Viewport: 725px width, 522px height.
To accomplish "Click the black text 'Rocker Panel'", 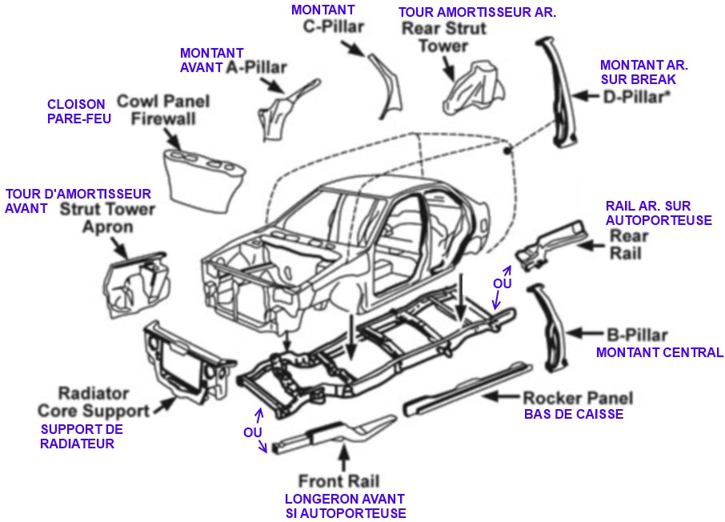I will point(577,398).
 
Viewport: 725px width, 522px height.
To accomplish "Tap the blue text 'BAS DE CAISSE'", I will point(573,415).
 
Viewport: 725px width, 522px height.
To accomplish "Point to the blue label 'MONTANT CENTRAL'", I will point(659,352).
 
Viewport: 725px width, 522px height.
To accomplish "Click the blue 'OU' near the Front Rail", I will point(253,432).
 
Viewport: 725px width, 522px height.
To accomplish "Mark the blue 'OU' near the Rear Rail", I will point(503,284).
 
